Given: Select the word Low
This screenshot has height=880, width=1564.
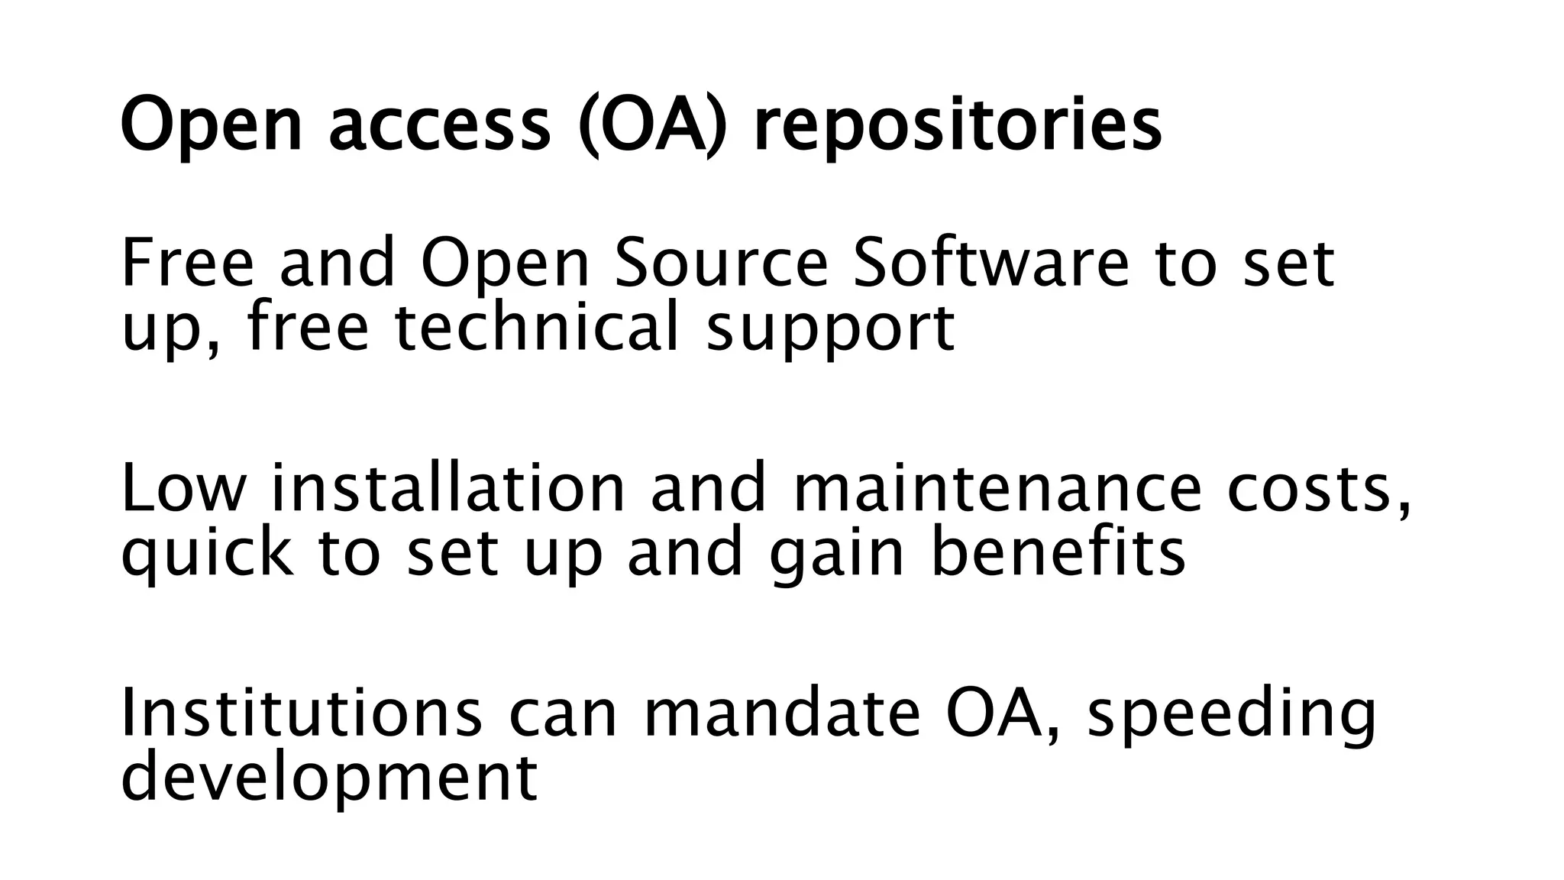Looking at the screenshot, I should [x=183, y=489].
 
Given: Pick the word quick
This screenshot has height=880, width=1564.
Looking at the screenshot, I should [x=207, y=553].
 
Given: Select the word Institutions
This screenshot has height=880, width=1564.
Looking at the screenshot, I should [x=302, y=713].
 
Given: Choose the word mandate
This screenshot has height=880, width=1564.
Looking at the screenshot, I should [x=782, y=713].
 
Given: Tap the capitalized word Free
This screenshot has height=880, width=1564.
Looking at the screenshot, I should [x=187, y=264].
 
